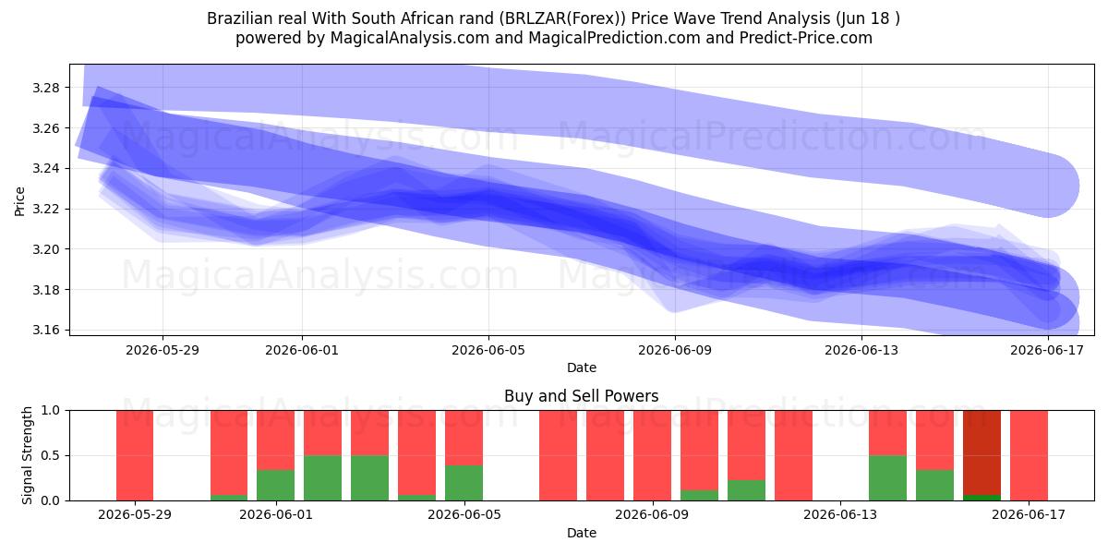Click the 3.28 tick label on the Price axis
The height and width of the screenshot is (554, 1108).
pos(45,88)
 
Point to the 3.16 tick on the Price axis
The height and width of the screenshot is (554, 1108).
pos(45,330)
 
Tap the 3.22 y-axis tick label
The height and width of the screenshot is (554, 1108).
pos(45,209)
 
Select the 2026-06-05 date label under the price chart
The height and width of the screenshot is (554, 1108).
pos(488,350)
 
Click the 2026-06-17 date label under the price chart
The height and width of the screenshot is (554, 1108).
pos(1047,350)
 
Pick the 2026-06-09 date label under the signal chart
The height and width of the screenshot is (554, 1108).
pos(652,514)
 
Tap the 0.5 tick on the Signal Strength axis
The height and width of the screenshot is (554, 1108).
pos(50,455)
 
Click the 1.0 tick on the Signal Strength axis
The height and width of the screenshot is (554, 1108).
pos(50,410)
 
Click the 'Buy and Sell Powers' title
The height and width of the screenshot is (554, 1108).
pos(581,396)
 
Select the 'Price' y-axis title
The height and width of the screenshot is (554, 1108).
pos(19,201)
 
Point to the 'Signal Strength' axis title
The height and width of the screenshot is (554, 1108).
pos(27,455)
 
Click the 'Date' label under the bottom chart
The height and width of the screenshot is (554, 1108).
pos(581,533)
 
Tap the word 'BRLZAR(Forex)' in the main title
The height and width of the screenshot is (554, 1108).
pos(562,18)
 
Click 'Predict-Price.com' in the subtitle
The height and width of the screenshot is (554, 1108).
pos(806,38)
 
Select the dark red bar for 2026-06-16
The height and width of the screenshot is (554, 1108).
pos(982,452)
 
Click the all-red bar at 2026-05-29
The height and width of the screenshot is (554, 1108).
pos(135,455)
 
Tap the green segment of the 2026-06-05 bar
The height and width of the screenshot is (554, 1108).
pos(464,483)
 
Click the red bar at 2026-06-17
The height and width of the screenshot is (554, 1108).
pos(1029,455)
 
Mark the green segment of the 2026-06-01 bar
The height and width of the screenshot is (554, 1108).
pos(275,485)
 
